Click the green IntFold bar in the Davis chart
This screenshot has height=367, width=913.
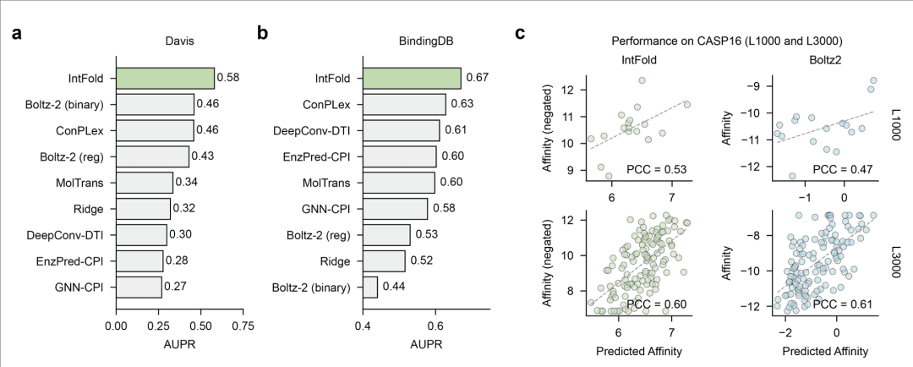165,79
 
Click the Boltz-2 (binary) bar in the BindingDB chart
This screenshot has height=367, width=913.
370,288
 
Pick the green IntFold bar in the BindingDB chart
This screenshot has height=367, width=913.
412,79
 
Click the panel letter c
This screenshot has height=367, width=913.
521,35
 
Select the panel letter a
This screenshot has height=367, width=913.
16,35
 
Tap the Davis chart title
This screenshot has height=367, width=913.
178,40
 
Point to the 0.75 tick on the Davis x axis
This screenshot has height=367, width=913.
243,324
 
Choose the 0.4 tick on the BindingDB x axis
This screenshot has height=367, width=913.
363,324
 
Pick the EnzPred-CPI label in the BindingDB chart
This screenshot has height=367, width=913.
319,156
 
